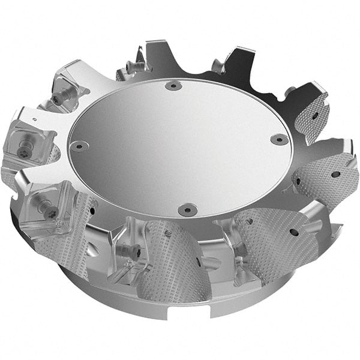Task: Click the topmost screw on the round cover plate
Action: [173, 86]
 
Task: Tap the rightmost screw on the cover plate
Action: [279, 139]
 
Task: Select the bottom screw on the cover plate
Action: [186, 209]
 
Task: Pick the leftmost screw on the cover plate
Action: [79, 146]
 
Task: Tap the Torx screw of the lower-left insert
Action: [46, 206]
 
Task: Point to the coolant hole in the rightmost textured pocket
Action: [335, 175]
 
